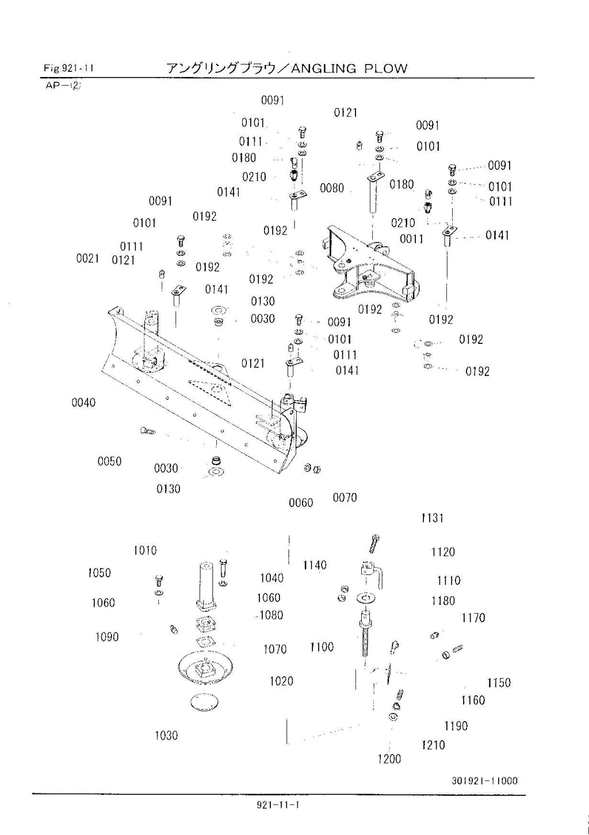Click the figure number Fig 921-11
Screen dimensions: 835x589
point(68,68)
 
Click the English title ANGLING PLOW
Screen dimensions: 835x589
point(349,68)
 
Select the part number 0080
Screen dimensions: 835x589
point(332,188)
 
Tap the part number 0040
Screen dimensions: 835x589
point(83,403)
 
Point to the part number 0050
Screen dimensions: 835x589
point(109,461)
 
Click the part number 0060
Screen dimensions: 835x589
point(301,503)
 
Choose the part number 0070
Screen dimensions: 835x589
point(345,498)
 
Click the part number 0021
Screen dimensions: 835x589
point(87,259)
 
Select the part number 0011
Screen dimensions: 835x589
point(411,239)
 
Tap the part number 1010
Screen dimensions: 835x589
point(145,550)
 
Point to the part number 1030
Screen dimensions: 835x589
point(166,736)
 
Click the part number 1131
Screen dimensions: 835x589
point(432,518)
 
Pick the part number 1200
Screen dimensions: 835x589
point(389,759)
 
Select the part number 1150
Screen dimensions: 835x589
point(499,683)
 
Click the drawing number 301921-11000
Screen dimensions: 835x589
point(484,780)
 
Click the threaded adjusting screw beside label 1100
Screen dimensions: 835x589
point(365,638)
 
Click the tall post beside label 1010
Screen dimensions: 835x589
point(206,581)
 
